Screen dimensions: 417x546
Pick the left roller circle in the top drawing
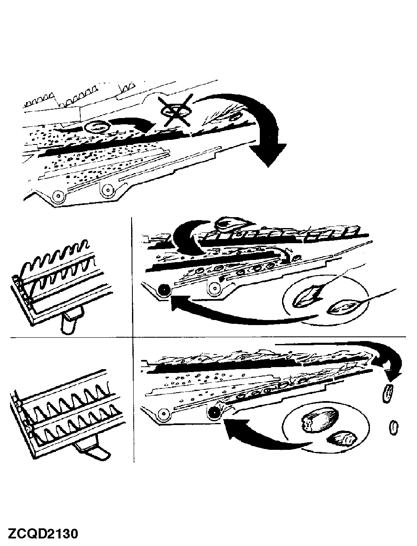(x=58, y=195)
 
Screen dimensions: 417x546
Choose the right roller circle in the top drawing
(x=108, y=190)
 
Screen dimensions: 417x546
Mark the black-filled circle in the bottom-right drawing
(x=214, y=413)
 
